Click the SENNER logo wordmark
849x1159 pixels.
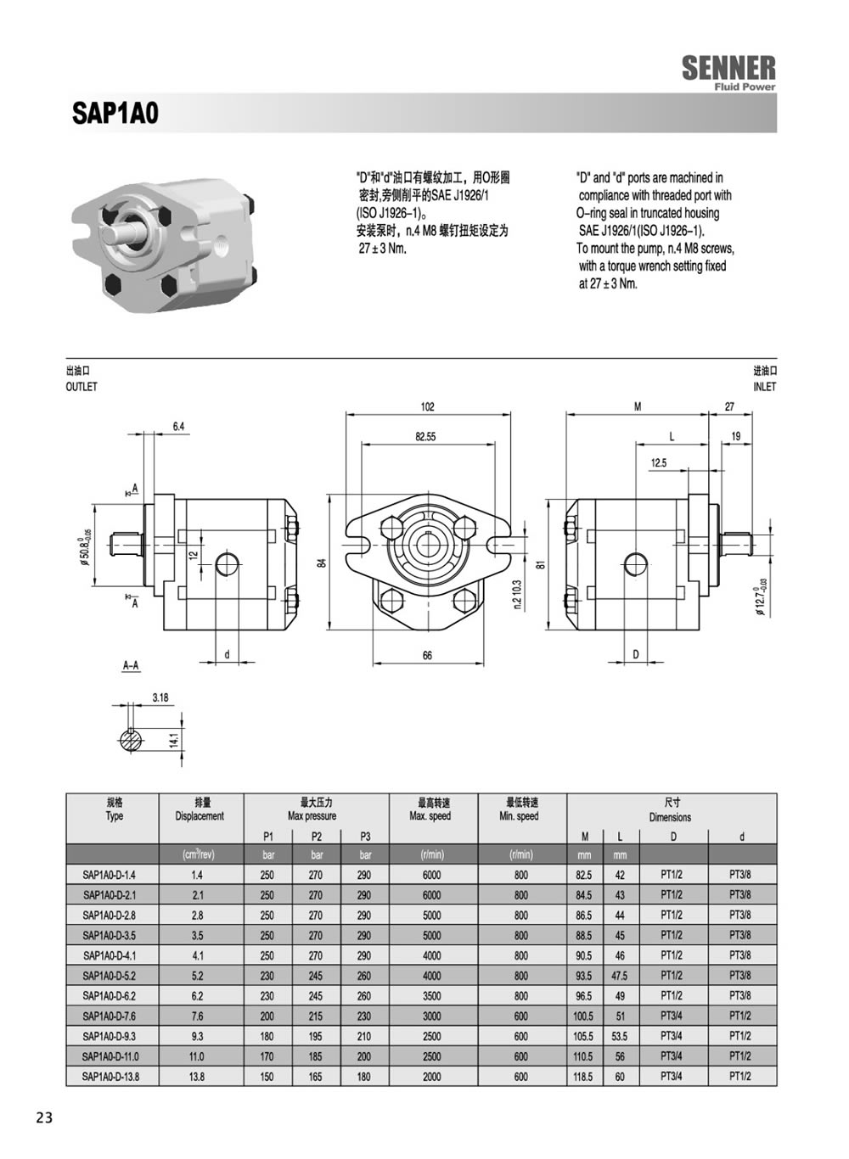click(728, 68)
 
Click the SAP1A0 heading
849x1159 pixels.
click(115, 114)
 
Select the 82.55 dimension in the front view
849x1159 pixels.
click(425, 437)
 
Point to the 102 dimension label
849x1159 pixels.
click(428, 406)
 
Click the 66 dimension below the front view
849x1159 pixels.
click(427, 656)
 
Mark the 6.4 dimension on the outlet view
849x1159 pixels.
click(178, 427)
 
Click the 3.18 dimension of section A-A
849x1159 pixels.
click(160, 697)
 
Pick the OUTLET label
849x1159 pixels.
click(82, 387)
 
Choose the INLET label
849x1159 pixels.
click(765, 387)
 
